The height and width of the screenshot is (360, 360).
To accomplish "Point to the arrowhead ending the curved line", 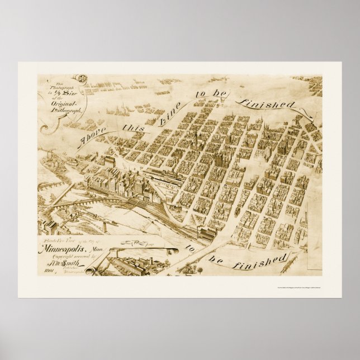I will pyautogui.click(x=310, y=115).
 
